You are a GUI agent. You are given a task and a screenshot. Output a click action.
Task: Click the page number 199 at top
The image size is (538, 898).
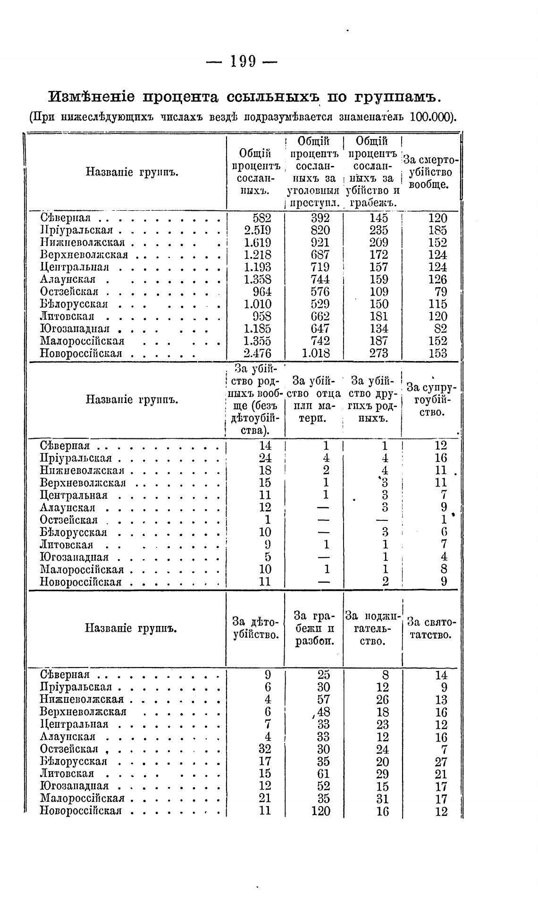242,61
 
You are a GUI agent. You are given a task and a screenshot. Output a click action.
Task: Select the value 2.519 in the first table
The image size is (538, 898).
257,231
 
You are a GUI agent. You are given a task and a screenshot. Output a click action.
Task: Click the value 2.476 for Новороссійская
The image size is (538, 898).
257,353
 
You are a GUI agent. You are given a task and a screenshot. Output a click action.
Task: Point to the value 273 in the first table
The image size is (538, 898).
379,353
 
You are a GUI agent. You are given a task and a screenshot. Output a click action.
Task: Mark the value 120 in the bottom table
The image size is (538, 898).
320,811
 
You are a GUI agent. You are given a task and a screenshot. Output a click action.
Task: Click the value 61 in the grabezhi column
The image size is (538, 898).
323,774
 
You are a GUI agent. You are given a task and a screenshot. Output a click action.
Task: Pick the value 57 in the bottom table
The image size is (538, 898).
323,700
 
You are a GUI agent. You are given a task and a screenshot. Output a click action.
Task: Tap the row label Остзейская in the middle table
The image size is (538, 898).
69,520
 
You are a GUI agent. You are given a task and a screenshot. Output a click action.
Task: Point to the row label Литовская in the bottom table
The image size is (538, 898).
67,774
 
